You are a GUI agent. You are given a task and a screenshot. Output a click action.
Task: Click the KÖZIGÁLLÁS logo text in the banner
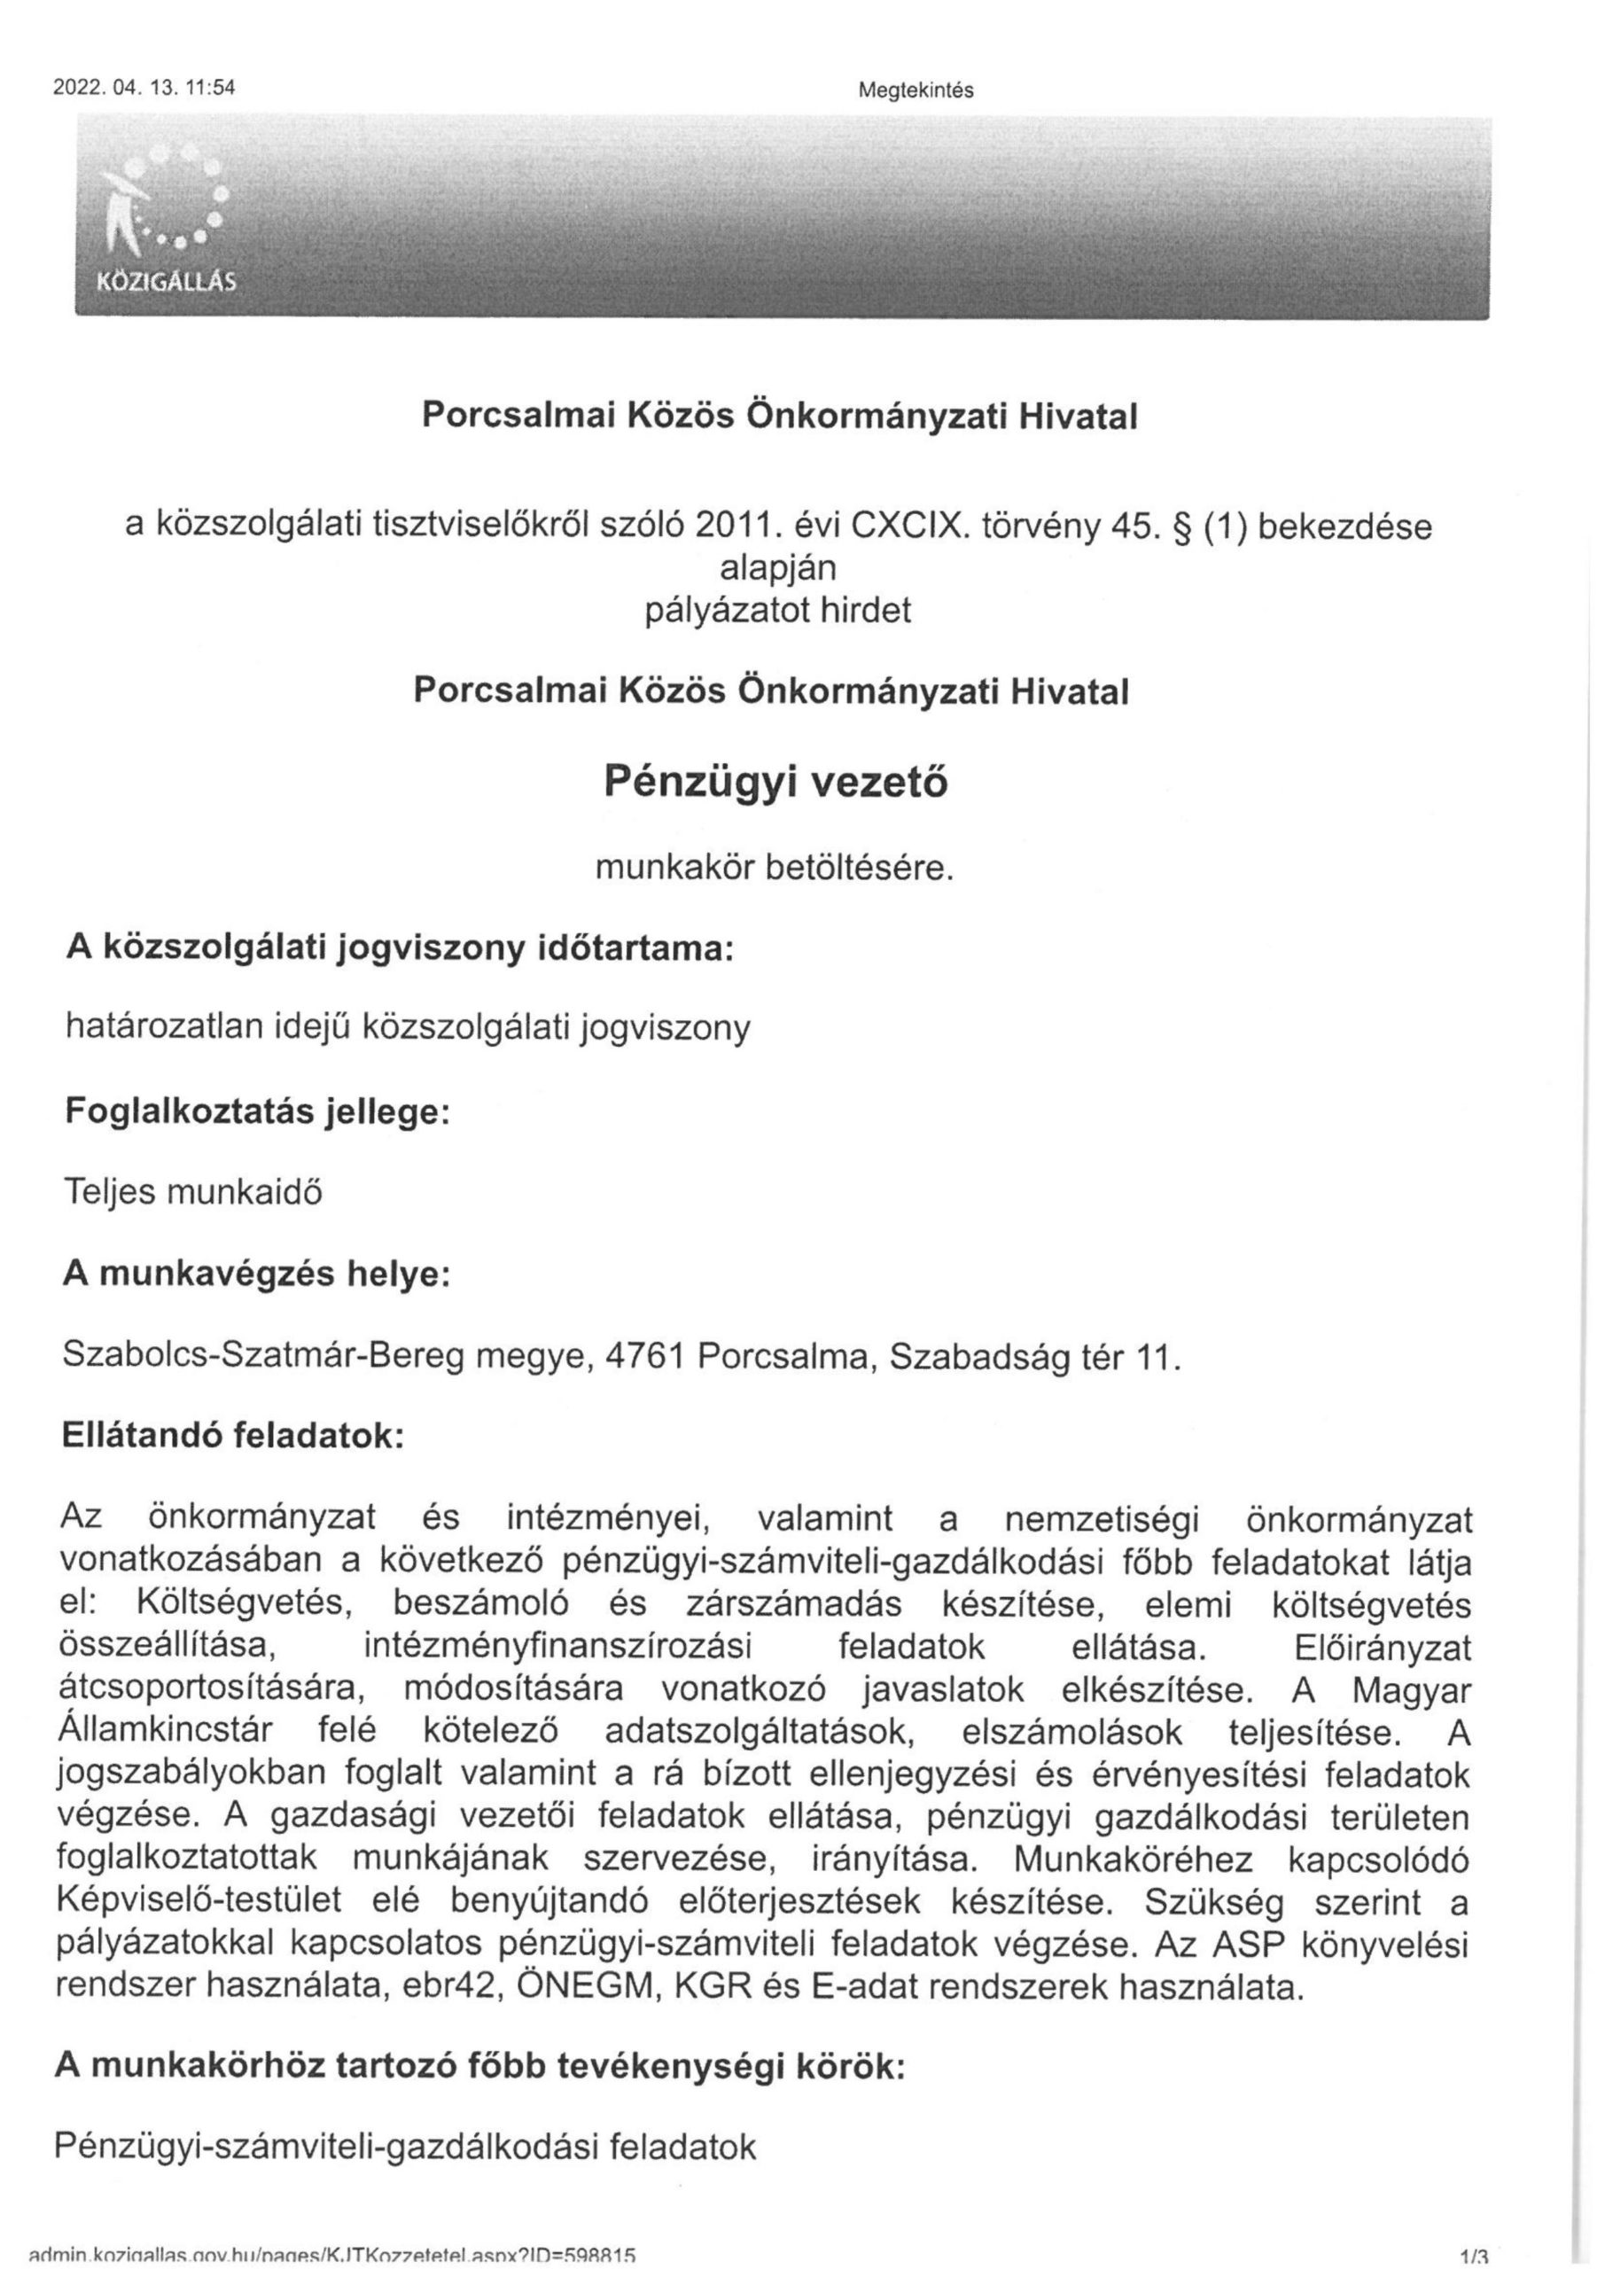[165, 282]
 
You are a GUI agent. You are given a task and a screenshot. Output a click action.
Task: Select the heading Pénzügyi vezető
[775, 783]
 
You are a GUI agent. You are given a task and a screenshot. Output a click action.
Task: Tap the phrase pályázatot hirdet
[778, 612]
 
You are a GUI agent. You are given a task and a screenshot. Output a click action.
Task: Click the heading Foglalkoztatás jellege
[257, 1111]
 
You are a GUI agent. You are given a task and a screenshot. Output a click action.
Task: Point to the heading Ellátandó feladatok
[233, 1435]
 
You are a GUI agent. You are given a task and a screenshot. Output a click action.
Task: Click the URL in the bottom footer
[332, 2257]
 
